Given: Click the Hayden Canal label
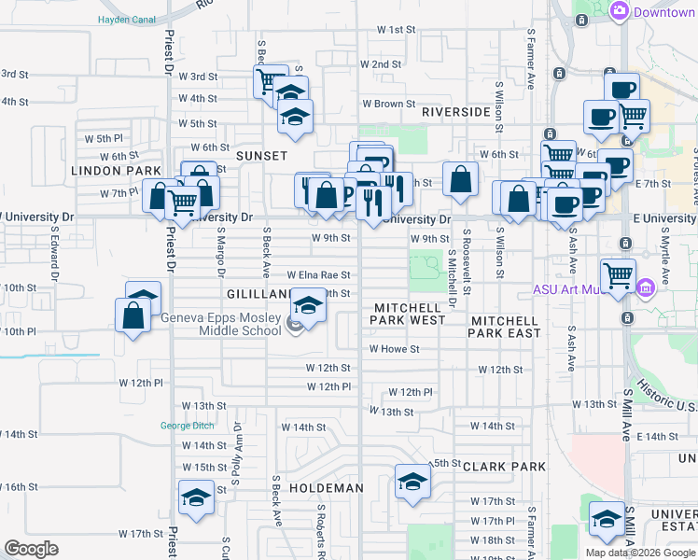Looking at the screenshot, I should point(127,19).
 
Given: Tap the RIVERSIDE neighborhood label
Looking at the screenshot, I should point(455,112).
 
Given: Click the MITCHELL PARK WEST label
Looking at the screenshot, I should point(410,315).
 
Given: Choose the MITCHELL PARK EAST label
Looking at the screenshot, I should point(504,326).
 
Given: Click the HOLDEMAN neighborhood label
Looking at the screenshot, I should point(326,488).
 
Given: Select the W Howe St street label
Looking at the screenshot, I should point(395,349).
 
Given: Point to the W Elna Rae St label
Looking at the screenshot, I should point(318,275).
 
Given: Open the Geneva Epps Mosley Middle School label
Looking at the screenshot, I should point(221,324).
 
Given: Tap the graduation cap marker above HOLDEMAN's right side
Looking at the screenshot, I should point(411,481).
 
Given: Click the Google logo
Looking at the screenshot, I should point(31,549).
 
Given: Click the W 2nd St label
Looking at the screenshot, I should point(380,64).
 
